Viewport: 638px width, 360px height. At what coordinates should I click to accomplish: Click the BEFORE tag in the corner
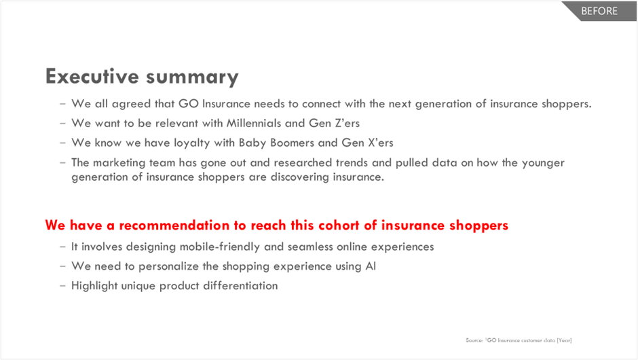click(x=599, y=11)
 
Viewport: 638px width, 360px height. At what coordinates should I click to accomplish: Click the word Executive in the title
click(x=92, y=76)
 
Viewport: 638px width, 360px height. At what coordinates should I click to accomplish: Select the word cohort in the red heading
click(x=339, y=226)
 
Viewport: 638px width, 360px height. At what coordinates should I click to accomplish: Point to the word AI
click(x=371, y=266)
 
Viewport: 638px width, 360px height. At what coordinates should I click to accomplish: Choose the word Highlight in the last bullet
click(x=94, y=286)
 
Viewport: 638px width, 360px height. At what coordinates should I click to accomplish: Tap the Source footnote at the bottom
click(x=519, y=340)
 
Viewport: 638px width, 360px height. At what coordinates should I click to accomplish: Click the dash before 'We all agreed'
click(x=62, y=104)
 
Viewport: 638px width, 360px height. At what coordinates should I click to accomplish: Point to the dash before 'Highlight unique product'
click(x=62, y=286)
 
